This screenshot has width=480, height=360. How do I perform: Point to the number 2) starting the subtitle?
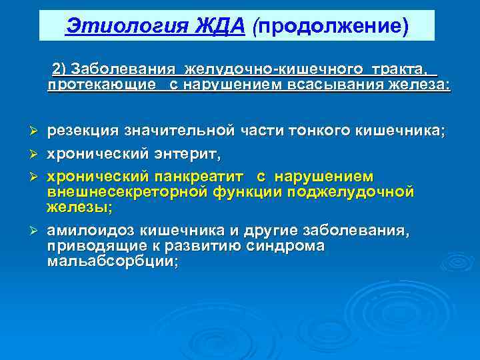tap(59, 70)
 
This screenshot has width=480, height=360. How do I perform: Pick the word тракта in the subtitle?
tap(400, 70)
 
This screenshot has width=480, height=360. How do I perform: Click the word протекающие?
tap(93, 85)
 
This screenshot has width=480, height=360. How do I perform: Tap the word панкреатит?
tap(200, 177)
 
